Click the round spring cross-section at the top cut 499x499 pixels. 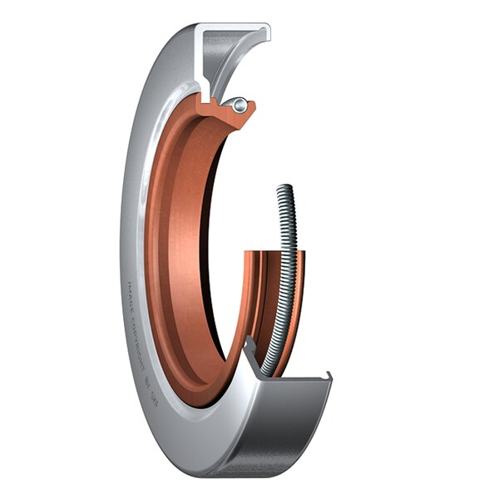[x=240, y=104]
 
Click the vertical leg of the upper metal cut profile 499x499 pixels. [x=199, y=62]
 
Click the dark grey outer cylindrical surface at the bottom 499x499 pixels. [x=274, y=432]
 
